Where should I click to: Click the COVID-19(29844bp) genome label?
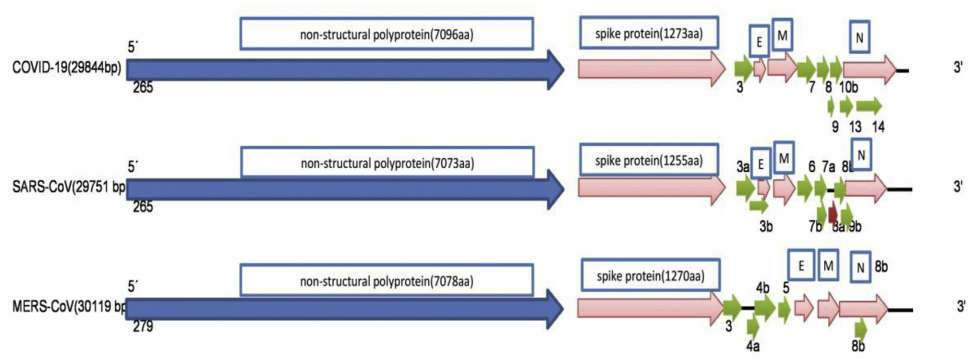click(x=63, y=67)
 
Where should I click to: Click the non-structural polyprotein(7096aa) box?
click(x=386, y=36)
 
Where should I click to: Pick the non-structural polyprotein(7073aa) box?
click(x=386, y=161)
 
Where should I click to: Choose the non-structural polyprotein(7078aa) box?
click(x=386, y=281)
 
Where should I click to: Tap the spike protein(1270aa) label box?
click(x=649, y=276)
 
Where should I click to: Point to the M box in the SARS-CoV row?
click(x=783, y=157)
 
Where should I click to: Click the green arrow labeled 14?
click(x=869, y=105)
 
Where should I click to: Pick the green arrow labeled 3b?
click(x=759, y=204)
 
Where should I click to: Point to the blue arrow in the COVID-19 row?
click(x=340, y=68)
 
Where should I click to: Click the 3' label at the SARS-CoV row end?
click(x=958, y=187)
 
